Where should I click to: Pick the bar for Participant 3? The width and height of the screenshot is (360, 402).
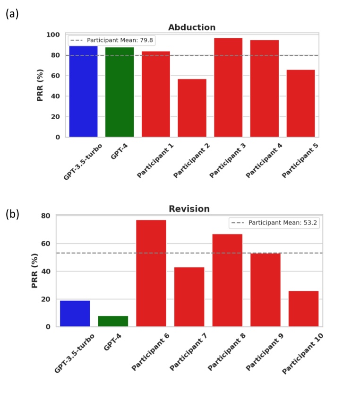228,87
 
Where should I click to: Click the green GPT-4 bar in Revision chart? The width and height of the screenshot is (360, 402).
113,321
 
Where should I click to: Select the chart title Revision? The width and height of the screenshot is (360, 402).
189,209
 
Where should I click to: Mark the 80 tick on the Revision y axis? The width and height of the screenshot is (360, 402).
45,216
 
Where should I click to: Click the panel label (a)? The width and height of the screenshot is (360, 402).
12,14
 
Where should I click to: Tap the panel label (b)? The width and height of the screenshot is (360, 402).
12,214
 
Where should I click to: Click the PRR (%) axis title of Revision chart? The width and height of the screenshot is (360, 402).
34,271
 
